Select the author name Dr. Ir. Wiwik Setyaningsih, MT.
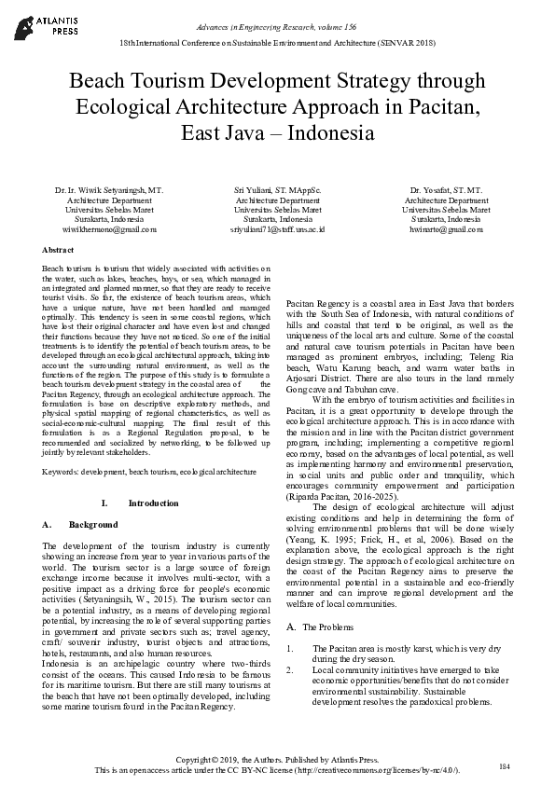click(x=109, y=190)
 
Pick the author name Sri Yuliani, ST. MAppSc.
click(x=277, y=190)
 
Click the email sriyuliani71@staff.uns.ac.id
click(x=277, y=227)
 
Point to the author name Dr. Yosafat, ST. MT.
click(x=446, y=190)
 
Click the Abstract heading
click(x=59, y=251)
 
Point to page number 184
click(x=505, y=765)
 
